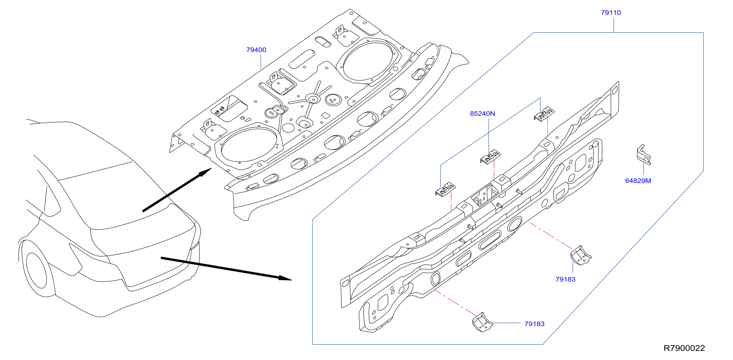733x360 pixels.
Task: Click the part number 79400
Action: pyautogui.click(x=256, y=50)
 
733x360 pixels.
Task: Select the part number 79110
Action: pyautogui.click(x=611, y=13)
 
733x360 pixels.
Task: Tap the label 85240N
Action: pyautogui.click(x=482, y=114)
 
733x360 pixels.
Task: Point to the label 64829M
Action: pyautogui.click(x=638, y=181)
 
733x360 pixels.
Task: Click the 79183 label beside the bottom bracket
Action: pyautogui.click(x=534, y=324)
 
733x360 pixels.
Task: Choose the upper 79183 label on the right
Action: pyautogui.click(x=565, y=279)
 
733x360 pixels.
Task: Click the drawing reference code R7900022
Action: pyautogui.click(x=684, y=348)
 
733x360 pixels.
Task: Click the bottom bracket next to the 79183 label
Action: pyautogui.click(x=482, y=322)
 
